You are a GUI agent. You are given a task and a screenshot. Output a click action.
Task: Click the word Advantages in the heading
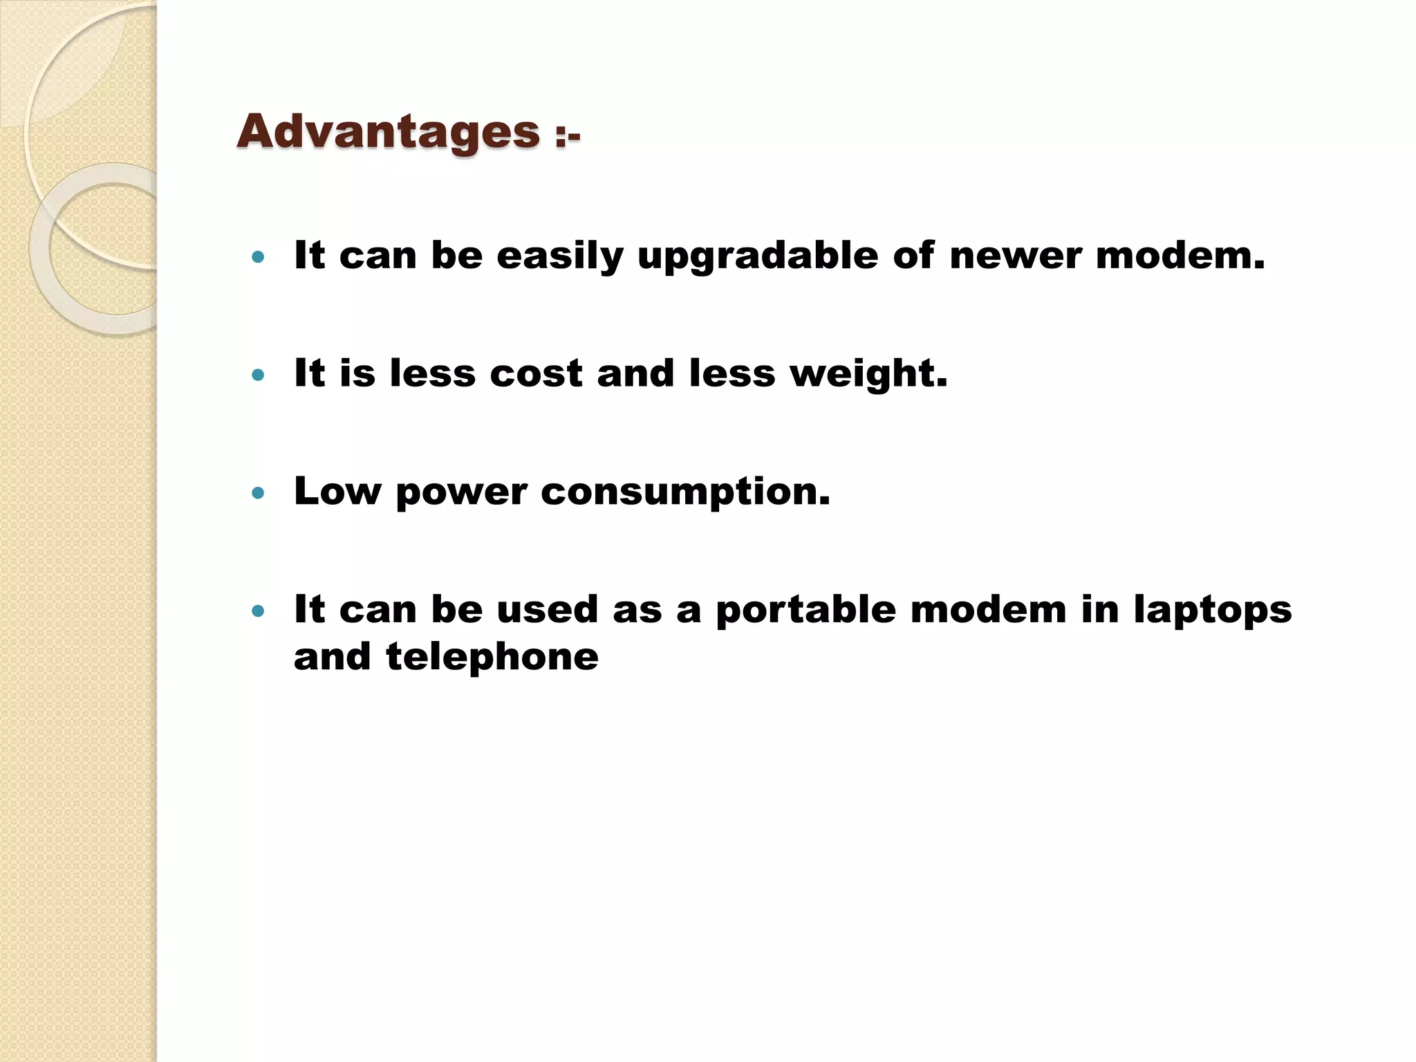tap(388, 131)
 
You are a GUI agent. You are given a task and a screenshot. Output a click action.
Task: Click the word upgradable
tap(758, 257)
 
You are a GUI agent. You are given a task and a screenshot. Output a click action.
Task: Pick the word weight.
tap(868, 375)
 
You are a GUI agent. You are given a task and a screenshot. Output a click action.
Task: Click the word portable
tap(805, 611)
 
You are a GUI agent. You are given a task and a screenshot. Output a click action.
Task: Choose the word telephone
tap(492, 658)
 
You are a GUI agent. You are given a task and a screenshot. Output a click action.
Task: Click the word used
tap(547, 610)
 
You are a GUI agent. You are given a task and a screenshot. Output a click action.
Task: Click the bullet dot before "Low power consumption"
tap(259, 493)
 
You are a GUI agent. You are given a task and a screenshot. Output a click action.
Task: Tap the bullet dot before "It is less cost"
tap(259, 375)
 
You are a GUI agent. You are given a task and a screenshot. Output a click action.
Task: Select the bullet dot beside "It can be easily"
tap(259, 258)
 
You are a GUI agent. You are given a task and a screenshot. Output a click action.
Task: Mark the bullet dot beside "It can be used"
tap(259, 611)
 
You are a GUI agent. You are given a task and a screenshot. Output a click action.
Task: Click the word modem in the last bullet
tap(988, 610)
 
